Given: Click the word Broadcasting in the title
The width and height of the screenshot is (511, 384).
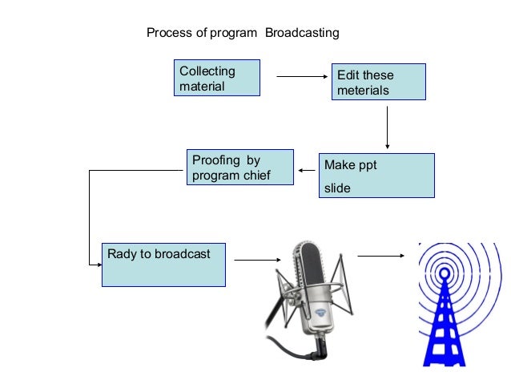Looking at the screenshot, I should pyautogui.click(x=302, y=33).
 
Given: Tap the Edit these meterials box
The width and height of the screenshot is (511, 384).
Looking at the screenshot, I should pyautogui.click(x=378, y=82).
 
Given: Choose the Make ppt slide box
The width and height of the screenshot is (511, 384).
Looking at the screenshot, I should pyautogui.click(x=376, y=175).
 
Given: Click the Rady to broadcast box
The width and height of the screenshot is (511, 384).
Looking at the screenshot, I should pyautogui.click(x=163, y=264).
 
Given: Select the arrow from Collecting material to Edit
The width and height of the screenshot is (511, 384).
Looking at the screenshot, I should pyautogui.click(x=303, y=77).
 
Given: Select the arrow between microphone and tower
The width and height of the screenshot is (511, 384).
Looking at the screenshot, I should pyautogui.click(x=380, y=257).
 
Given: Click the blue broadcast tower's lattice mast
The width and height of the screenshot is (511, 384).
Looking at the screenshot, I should pyautogui.click(x=442, y=329).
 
